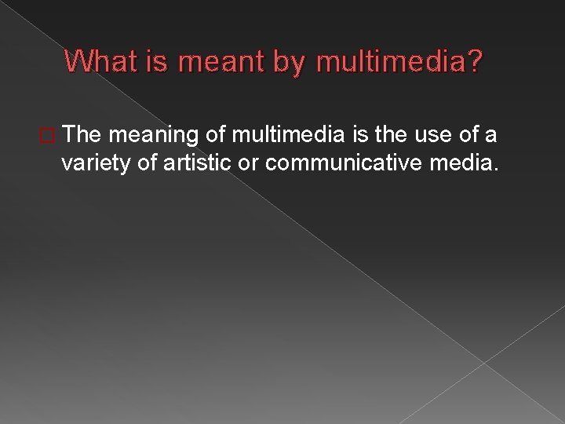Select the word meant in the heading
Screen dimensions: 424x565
click(210, 62)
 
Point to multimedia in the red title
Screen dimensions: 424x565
click(390, 62)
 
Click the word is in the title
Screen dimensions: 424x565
click(155, 62)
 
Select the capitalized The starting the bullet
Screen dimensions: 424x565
click(83, 135)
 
